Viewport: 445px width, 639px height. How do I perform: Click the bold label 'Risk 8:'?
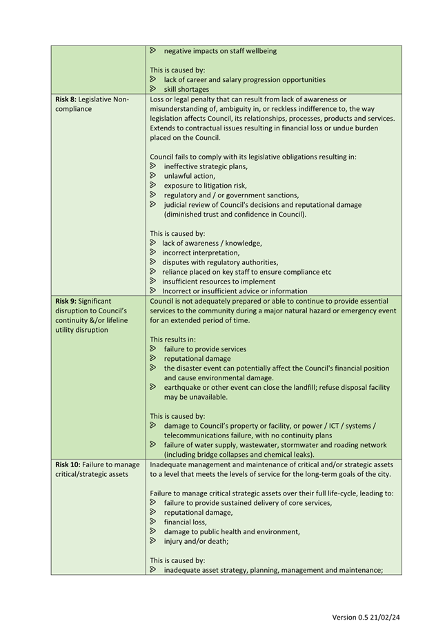click(66, 99)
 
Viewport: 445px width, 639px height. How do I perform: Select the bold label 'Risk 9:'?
click(66, 301)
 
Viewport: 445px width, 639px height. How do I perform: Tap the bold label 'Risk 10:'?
click(68, 464)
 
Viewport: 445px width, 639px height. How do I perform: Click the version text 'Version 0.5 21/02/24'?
click(366, 616)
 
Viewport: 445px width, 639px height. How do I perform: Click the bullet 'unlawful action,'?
click(189, 176)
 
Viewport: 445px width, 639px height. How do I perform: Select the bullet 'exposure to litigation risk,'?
click(205, 186)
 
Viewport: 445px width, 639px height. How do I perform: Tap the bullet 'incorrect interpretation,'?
click(201, 253)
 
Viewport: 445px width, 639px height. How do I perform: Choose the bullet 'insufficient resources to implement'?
click(219, 282)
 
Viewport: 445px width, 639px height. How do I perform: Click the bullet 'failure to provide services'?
click(205, 349)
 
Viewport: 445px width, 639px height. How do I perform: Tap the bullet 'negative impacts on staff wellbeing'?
click(220, 51)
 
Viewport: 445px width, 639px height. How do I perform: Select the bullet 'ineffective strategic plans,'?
click(206, 166)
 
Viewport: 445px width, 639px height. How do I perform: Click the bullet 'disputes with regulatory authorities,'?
click(220, 262)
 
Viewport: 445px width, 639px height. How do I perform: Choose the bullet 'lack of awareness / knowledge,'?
click(212, 243)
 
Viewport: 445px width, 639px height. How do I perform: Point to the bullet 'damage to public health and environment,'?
click(232, 531)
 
